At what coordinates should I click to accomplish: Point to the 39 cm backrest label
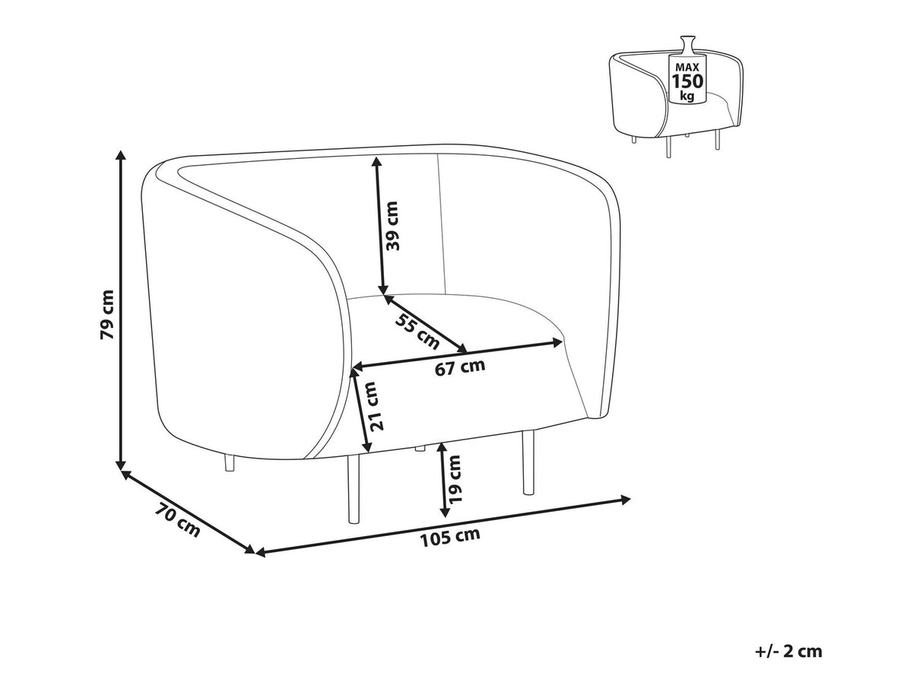click(392, 226)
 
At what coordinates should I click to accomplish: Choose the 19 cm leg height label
click(455, 481)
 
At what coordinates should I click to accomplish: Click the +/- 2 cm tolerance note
click(788, 651)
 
